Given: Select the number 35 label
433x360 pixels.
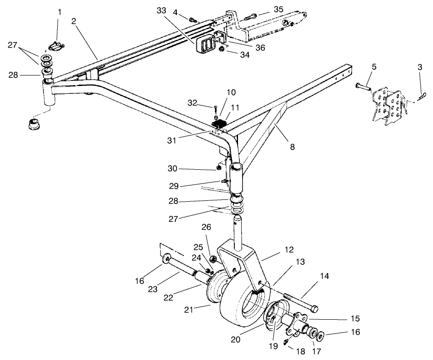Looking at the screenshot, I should point(266,9).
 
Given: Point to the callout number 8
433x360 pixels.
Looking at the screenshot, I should point(292,147).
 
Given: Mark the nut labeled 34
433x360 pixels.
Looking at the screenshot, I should point(221,49).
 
